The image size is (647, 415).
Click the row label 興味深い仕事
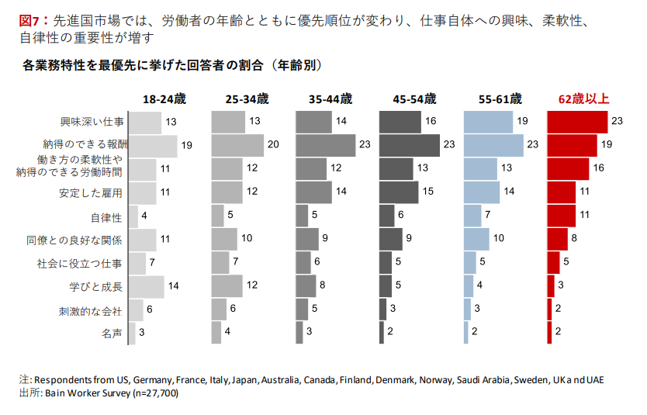[92, 122]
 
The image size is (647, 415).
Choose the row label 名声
[112, 334]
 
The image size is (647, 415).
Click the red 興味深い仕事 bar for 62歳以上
[577, 122]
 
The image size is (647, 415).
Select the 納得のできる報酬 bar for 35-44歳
[325, 145]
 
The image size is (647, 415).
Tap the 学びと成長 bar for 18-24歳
[146, 287]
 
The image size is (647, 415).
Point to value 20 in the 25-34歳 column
[273, 145]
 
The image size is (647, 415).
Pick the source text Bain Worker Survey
[86, 393]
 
